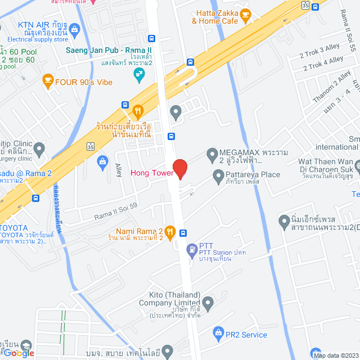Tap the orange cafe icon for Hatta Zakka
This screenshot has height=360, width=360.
[x=245, y=14]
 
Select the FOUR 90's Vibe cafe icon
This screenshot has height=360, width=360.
[x=48, y=82]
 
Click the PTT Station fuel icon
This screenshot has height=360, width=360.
[x=192, y=247]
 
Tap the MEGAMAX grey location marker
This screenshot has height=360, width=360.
[x=212, y=154]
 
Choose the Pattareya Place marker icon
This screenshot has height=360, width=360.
[x=219, y=177]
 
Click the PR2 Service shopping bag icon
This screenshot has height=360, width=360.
[x=219, y=335]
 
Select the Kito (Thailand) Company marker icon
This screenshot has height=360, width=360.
[x=208, y=304]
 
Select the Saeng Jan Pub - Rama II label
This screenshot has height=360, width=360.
[x=109, y=51]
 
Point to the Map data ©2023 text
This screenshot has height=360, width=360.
[x=335, y=355]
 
